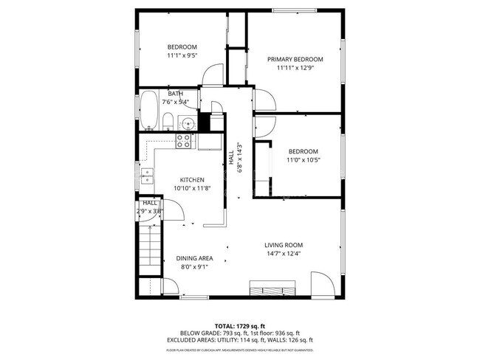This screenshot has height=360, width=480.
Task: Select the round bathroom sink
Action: click(x=189, y=123)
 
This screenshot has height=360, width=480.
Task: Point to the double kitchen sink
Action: click(x=148, y=175)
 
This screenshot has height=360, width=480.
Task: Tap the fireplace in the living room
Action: click(x=273, y=287)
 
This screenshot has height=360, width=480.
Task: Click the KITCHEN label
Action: click(x=192, y=179)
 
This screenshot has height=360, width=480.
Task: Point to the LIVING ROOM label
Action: click(x=284, y=245)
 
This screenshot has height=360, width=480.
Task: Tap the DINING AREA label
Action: click(x=195, y=258)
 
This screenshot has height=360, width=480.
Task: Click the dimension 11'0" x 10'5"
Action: click(x=303, y=159)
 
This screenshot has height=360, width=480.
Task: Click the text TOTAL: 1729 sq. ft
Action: click(x=240, y=325)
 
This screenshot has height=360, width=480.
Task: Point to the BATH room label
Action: click(x=176, y=94)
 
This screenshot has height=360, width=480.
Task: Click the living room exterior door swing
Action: click(x=320, y=284)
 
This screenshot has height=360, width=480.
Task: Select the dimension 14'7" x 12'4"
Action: click(x=284, y=254)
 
